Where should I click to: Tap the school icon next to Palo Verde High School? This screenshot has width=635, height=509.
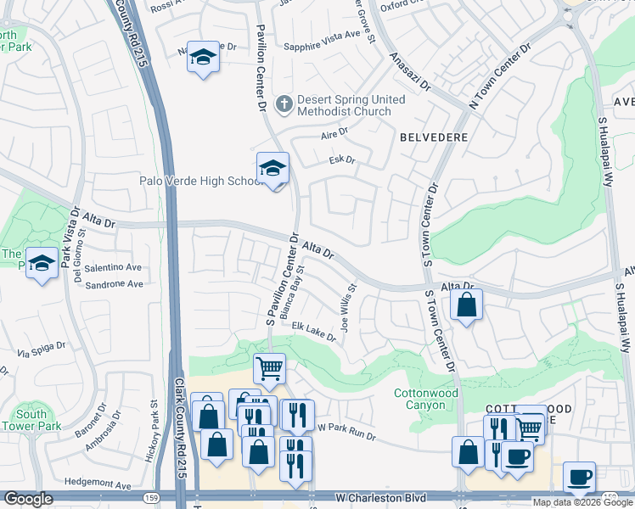pos(273,169)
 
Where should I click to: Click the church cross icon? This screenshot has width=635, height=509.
pos(284,104)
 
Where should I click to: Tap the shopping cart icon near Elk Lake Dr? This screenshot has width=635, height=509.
pos(269,369)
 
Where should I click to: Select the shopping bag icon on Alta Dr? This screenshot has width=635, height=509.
pos(466,305)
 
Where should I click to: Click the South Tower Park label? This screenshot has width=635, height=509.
pos(31,421)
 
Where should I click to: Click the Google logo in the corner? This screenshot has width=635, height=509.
pos(28,499)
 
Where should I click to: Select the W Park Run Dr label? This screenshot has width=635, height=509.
pos(346,431)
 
